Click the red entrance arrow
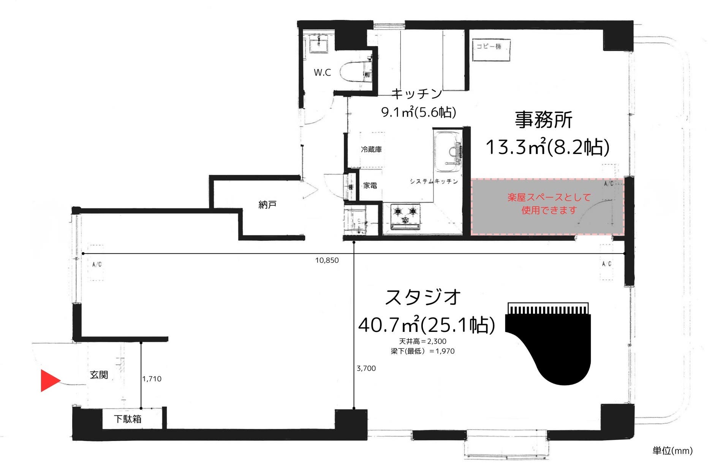pos(50,380)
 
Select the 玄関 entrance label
pos(99,375)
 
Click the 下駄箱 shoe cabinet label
pos(128,419)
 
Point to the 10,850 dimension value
pos(327,260)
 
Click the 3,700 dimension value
pos(366,368)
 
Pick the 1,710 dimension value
pos(152,379)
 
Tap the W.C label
pos(322,72)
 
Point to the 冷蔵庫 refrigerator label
pos(371,149)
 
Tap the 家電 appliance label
pos(370,186)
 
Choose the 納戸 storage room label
pos(267,205)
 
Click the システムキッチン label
pos(433,181)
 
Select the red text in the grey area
pos(549,204)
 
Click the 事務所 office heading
pos(543,120)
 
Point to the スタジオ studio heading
pos(423,297)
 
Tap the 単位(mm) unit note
pos(672,451)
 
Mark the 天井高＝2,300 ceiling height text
pos(422,341)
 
